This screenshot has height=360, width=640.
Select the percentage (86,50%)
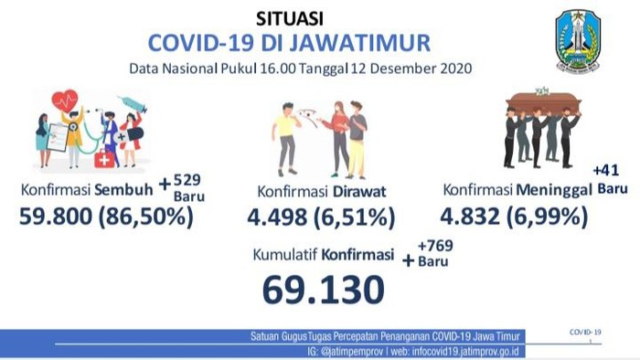[x=152, y=217]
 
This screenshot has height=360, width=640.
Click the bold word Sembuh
[x=125, y=190]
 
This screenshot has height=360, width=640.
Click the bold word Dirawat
[x=358, y=190]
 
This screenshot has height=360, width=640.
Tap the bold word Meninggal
[x=556, y=190]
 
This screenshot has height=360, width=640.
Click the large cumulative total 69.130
[x=322, y=290]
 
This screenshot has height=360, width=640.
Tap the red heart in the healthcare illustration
[x=65, y=100]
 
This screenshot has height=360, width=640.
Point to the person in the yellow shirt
[x=287, y=137]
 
